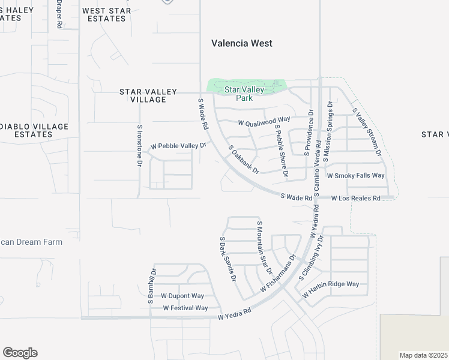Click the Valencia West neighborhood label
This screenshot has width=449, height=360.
242,43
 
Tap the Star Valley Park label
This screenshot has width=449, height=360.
244,94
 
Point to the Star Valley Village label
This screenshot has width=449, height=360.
148,95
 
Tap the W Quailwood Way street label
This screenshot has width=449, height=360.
264,122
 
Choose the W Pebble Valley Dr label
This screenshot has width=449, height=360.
178,146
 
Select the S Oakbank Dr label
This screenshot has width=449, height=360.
243,159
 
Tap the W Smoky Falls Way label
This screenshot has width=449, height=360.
355,176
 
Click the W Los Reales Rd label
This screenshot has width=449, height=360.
356,198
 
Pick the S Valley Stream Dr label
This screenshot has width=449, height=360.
367,133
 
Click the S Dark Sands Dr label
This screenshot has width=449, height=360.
228,259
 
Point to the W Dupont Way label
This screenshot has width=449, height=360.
182,296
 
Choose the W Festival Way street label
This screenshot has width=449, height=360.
185,308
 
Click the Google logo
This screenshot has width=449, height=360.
20,353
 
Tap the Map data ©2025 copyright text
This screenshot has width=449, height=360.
424,355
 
